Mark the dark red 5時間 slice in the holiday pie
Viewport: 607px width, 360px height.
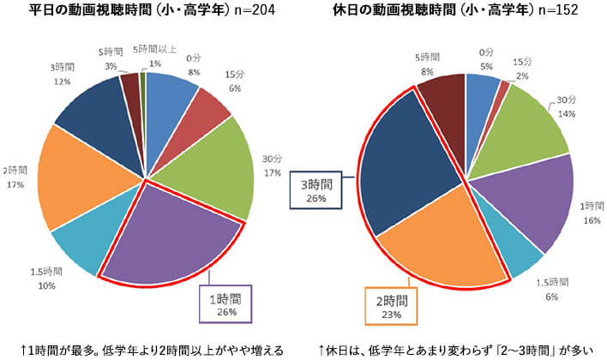442,99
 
